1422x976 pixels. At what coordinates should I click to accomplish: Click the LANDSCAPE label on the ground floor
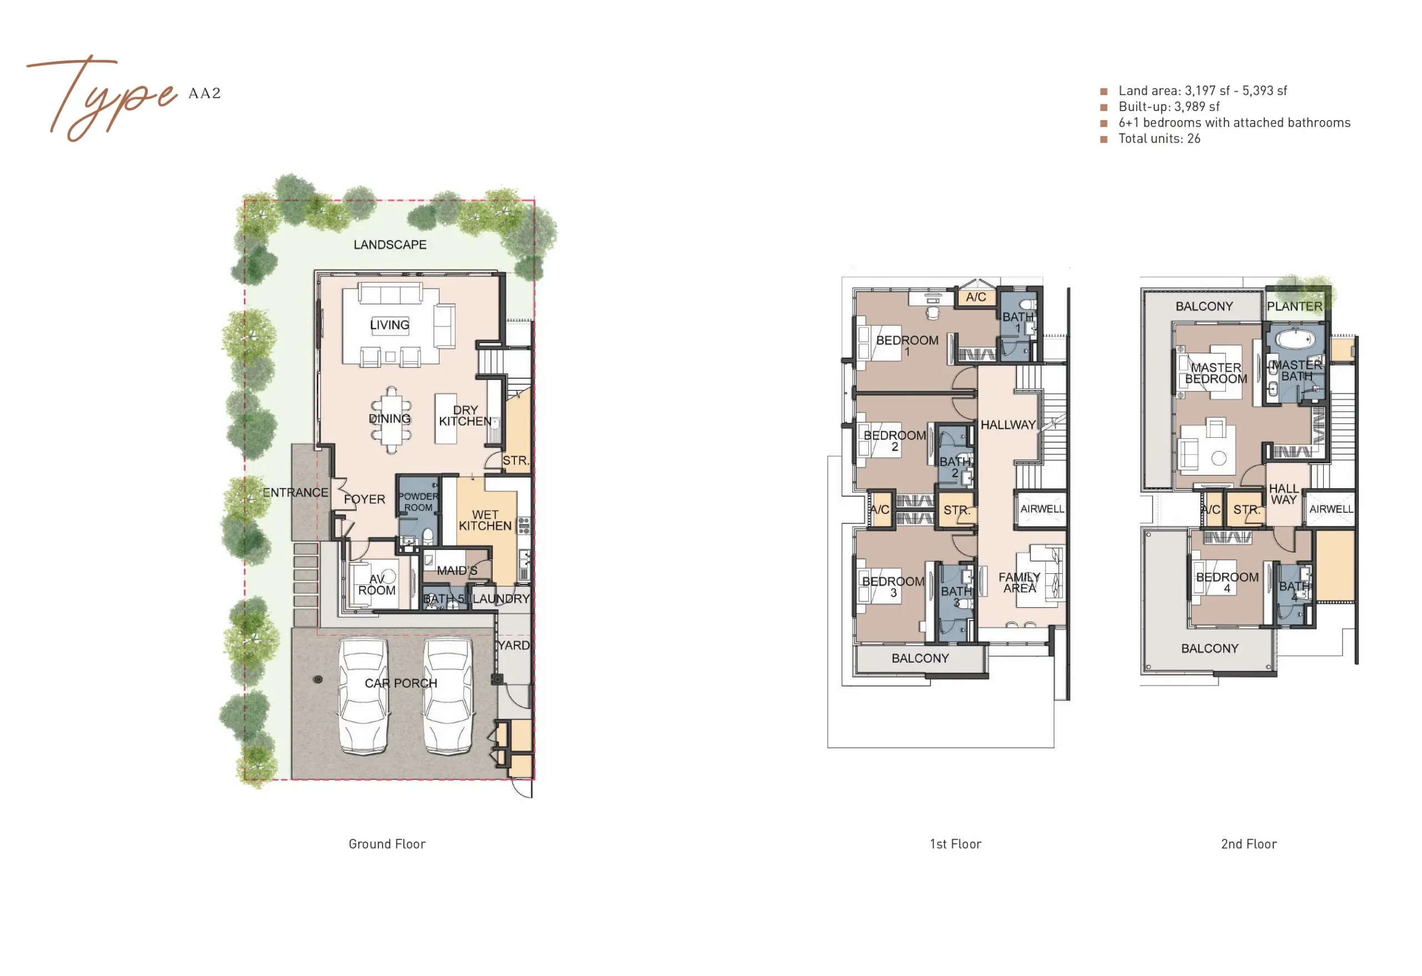[390, 245]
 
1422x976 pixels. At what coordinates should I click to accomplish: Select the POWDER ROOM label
[418, 502]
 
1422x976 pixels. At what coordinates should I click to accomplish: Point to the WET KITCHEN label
[485, 520]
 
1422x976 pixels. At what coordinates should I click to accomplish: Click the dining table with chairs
[391, 420]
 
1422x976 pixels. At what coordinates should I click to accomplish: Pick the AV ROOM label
[377, 584]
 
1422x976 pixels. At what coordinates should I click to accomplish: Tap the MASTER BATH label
[1297, 370]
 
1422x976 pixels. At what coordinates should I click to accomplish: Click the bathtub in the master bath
[1295, 338]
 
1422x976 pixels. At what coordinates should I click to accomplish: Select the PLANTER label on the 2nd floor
[1294, 306]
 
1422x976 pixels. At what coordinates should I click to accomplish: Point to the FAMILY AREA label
[1019, 582]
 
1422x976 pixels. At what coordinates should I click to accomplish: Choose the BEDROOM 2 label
[894, 441]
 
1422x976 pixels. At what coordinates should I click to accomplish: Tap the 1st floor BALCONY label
[920, 658]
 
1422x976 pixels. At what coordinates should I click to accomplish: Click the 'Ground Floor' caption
[387, 844]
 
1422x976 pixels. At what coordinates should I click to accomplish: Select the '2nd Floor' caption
[1249, 844]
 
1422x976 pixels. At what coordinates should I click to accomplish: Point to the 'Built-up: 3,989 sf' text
[1169, 107]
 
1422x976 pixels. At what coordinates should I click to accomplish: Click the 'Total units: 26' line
[1159, 138]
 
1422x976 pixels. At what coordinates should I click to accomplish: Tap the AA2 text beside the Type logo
[204, 93]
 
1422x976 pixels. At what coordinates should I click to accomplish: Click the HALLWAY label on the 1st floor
[1008, 424]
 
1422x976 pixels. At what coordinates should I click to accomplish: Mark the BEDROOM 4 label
[1227, 583]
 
